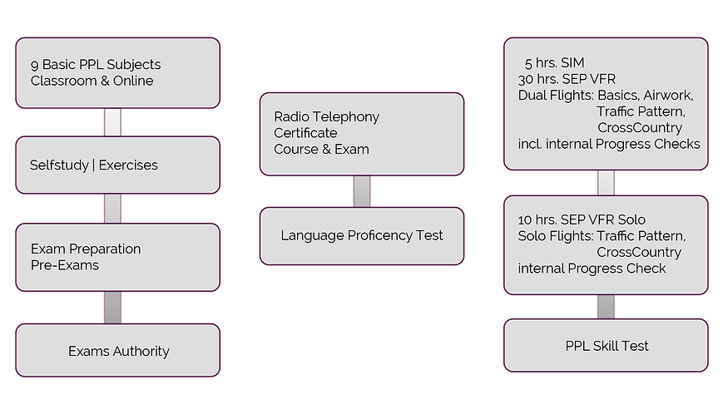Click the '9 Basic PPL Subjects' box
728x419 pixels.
117,72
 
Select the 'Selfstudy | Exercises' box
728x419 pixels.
117,165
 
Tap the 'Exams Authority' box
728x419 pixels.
117,351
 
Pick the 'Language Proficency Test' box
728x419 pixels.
361,235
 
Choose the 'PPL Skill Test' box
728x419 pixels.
606,345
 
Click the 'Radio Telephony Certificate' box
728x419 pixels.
361,133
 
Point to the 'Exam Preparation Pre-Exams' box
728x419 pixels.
117,256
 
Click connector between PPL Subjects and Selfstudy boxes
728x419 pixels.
112,122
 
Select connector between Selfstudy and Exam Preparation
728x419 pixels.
112,208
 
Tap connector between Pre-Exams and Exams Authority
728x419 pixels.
112,307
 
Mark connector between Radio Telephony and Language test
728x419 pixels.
361,190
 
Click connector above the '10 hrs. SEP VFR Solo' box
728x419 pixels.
606,182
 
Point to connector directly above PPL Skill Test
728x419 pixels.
606,306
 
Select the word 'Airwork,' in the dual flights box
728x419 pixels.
666,95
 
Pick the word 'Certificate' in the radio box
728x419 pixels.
305,133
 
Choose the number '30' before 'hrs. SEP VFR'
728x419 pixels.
526,79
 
